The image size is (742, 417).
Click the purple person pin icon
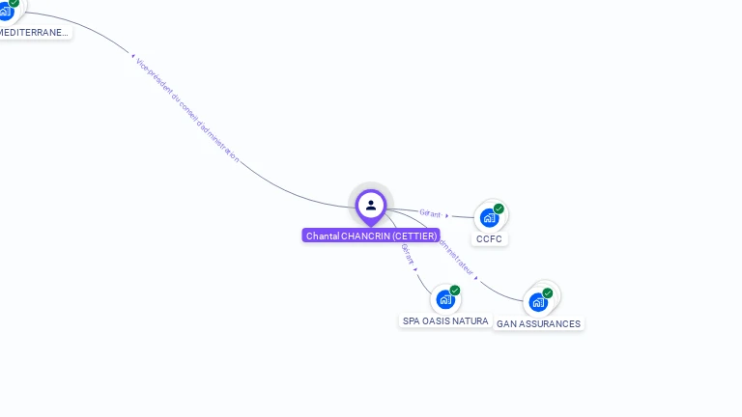tap(371, 205)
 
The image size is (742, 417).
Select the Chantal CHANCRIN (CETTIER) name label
tap(371, 236)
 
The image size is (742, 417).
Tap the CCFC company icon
tap(489, 217)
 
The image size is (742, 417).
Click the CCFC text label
tap(489, 239)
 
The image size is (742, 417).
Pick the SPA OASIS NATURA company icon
tap(444, 298)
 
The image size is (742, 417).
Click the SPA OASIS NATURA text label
tap(444, 320)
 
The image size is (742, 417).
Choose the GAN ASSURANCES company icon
tap(538, 301)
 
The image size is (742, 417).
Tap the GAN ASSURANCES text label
tap(538, 324)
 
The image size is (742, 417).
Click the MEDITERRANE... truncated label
tap(34, 32)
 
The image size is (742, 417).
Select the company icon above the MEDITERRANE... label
tap(5, 10)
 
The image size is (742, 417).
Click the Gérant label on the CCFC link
tap(430, 213)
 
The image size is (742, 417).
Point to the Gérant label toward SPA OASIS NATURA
tap(408, 253)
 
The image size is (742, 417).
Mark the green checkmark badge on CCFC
tap(499, 208)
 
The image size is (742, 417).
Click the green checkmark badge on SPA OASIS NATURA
tap(454, 290)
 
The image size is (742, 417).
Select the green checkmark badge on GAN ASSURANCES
tap(548, 292)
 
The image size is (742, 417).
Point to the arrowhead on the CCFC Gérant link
tap(447, 215)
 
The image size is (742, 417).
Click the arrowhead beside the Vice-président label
tap(132, 55)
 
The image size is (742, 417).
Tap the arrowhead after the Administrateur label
tap(477, 279)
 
